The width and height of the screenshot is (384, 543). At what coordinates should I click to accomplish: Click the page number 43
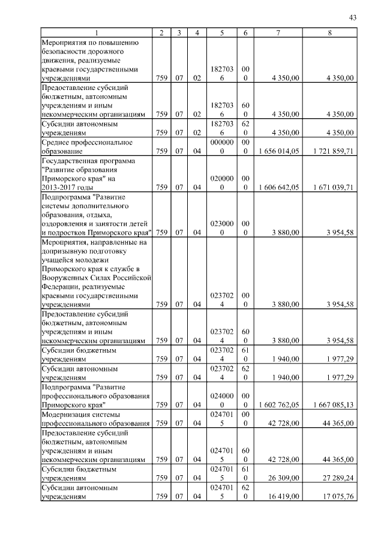[352, 18]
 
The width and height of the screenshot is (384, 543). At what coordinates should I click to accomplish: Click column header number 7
[278, 32]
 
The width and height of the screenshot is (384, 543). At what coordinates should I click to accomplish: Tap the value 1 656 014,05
[277, 152]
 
